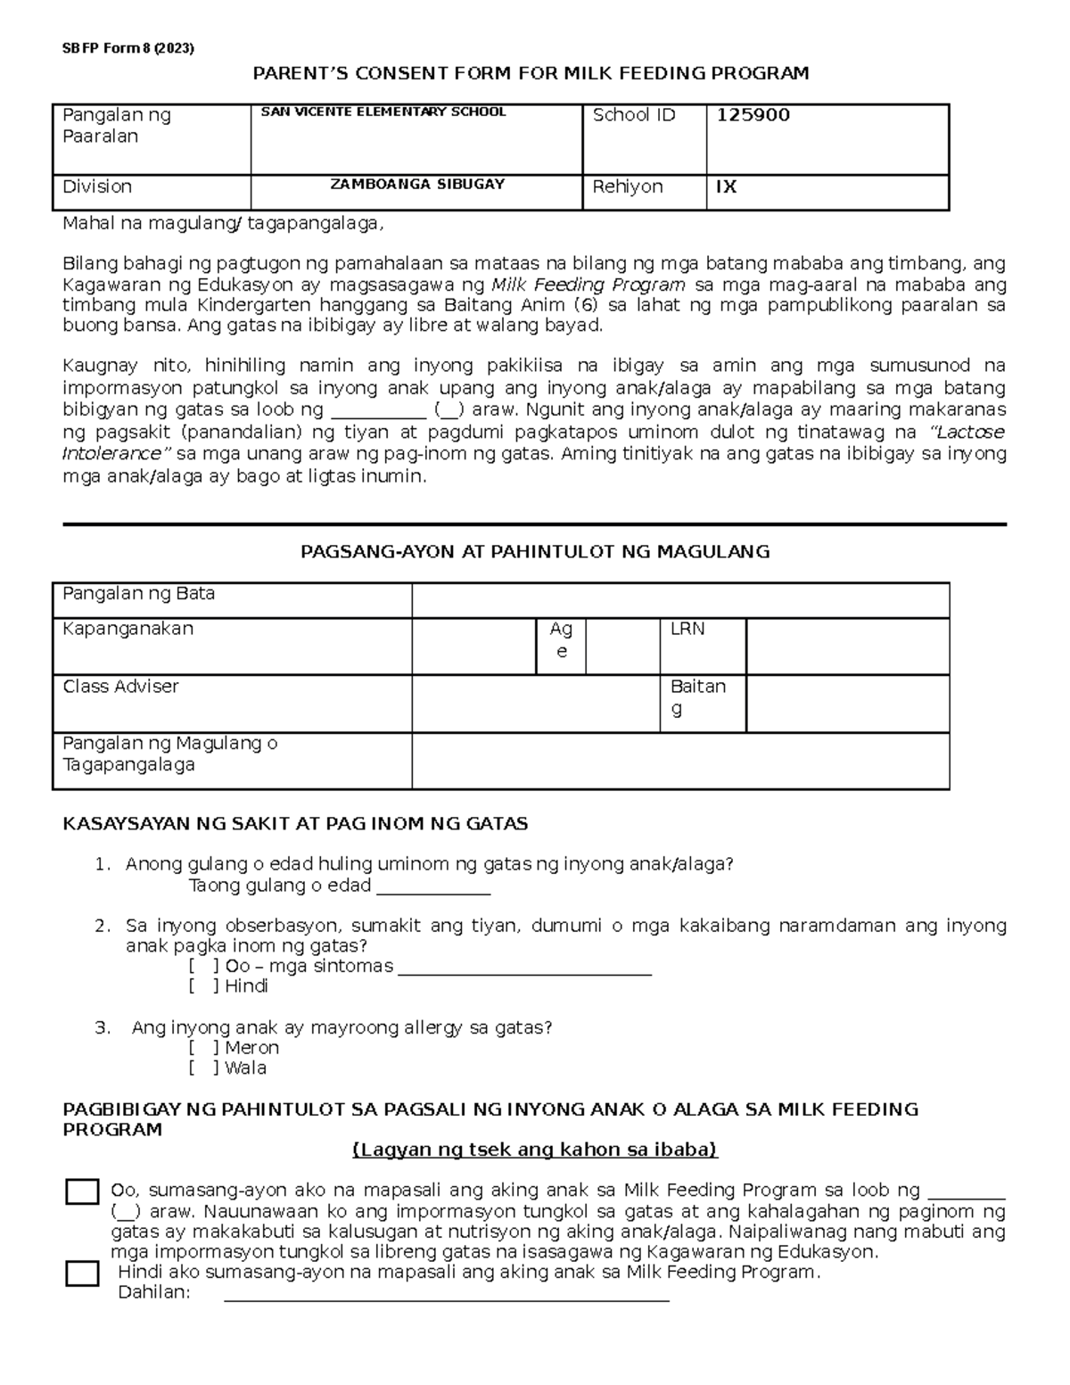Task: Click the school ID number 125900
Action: (x=748, y=115)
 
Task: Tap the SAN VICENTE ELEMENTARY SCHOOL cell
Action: (x=383, y=112)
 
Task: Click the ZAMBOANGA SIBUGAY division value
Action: (x=417, y=185)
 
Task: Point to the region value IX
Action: (x=726, y=187)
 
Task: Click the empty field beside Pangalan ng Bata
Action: (x=679, y=600)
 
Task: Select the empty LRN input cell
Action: (x=847, y=646)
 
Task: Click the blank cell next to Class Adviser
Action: (x=535, y=703)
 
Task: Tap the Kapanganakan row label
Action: (x=128, y=629)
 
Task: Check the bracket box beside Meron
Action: (x=204, y=1048)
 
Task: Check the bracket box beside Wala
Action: (x=204, y=1068)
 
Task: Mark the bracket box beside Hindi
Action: (x=204, y=986)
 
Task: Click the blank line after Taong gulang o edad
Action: (x=433, y=888)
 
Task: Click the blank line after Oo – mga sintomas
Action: (x=524, y=969)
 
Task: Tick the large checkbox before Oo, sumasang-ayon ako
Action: (x=82, y=1192)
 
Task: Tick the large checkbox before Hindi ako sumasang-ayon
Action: (x=82, y=1274)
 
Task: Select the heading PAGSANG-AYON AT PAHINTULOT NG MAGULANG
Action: (x=535, y=552)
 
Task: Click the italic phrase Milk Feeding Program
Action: (x=588, y=285)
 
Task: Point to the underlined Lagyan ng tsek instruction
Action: (x=535, y=1150)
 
